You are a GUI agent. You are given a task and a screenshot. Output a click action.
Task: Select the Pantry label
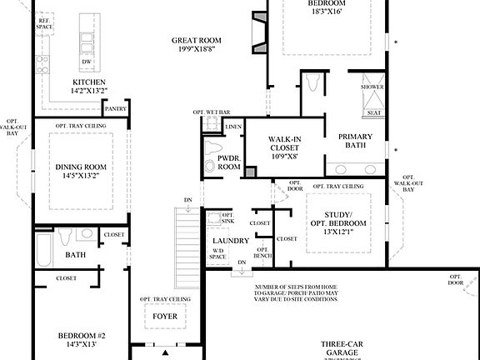(x=114, y=108)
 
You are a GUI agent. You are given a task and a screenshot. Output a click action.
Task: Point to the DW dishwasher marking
(x=87, y=62)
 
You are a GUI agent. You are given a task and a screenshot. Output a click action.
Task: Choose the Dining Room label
(x=81, y=167)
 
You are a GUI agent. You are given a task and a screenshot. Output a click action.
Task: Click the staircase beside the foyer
(x=188, y=237)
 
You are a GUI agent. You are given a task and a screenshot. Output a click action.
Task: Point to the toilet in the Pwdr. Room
(x=210, y=165)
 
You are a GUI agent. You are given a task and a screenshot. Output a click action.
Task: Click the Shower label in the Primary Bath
(x=372, y=87)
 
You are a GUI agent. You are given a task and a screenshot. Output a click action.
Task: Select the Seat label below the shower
(x=374, y=113)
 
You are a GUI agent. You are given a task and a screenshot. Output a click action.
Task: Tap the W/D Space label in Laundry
(x=217, y=253)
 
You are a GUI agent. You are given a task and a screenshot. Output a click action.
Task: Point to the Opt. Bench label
(x=262, y=252)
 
